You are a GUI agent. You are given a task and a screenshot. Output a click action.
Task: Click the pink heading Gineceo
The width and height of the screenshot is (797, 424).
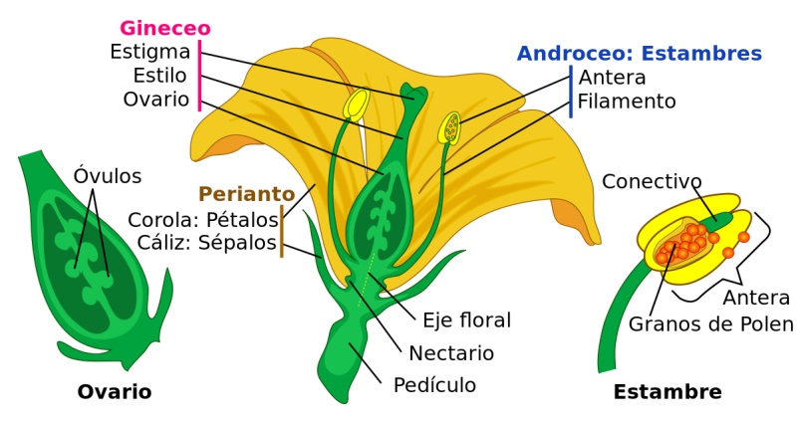coord(165,28)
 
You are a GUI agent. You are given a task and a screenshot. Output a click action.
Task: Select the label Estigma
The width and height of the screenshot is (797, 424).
coord(150,52)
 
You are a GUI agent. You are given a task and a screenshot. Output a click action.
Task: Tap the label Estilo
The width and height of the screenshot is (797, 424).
coord(159,76)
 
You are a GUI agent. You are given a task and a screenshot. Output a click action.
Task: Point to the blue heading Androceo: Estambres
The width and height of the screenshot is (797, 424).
coord(640,54)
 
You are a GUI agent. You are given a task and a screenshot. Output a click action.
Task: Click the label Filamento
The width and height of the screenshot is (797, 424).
coord(627,102)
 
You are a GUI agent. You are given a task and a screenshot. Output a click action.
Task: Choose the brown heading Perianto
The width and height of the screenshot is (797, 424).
coord(246,194)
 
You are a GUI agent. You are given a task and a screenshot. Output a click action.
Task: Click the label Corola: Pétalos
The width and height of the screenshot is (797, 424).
coord(203,220)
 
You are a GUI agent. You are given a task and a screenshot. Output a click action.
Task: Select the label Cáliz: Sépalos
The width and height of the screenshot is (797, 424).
coord(206,243)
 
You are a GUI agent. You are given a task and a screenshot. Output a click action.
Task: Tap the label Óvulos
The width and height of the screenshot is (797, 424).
coord(108,176)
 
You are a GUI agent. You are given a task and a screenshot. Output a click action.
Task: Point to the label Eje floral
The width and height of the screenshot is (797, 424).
coord(466,320)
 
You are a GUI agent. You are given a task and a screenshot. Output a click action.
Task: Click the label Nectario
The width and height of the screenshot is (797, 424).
coord(451,353)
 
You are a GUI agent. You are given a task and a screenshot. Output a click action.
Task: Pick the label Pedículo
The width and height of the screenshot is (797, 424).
coord(434,385)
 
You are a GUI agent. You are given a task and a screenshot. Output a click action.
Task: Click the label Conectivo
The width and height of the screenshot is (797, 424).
coord(652,181)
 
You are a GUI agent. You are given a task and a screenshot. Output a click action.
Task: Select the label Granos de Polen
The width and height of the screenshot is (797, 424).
coord(710,323)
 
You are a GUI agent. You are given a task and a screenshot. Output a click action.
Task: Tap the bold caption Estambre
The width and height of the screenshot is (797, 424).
coord(667,392)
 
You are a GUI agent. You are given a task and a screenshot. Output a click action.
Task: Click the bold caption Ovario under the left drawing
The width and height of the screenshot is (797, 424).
coord(115,392)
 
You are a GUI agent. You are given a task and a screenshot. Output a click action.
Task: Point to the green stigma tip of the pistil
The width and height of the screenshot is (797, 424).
coord(413,94)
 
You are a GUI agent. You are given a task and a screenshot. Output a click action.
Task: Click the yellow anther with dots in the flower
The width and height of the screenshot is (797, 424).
coord(449,127)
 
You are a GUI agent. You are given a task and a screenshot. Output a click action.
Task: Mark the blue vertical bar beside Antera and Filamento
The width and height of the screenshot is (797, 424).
coord(571,92)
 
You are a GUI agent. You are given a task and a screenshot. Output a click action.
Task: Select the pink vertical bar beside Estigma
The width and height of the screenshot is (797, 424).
coord(200,76)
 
